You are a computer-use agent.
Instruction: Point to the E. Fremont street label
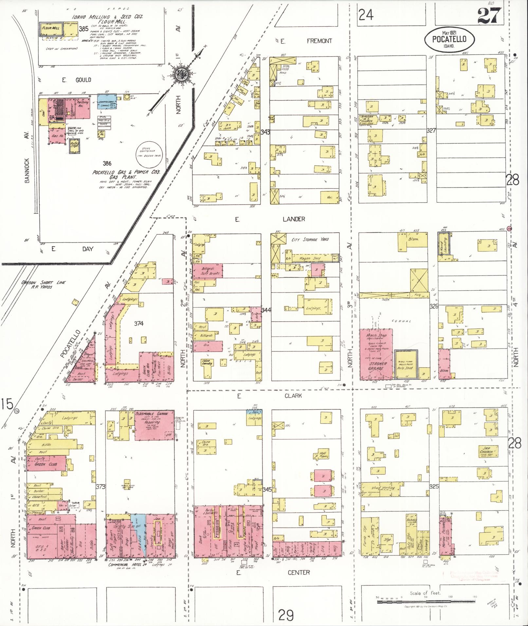tap(306, 41)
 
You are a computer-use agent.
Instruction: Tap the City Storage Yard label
tap(310, 240)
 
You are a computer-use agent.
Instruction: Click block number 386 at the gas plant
tap(107, 164)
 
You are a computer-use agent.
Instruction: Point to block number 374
tap(139, 323)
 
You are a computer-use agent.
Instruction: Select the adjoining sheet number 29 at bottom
tap(286, 615)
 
